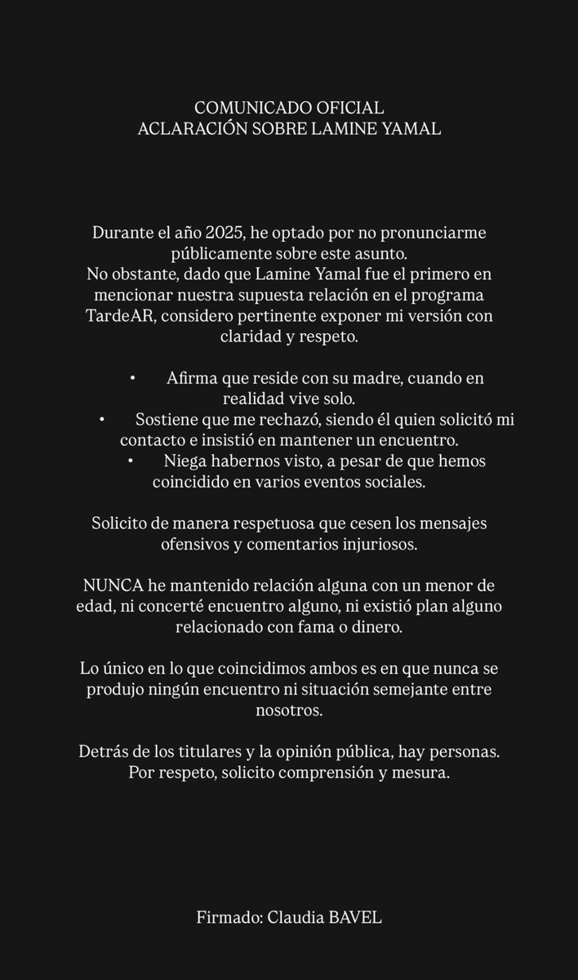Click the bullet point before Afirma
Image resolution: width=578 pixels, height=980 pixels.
click(132, 378)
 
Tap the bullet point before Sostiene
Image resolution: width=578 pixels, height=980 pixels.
click(102, 419)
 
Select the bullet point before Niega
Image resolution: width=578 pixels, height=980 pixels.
click(131, 461)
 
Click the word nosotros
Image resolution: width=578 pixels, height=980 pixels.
click(289, 710)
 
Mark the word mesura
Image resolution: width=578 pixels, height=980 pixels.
click(424, 773)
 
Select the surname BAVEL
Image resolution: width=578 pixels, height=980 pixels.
click(355, 917)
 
